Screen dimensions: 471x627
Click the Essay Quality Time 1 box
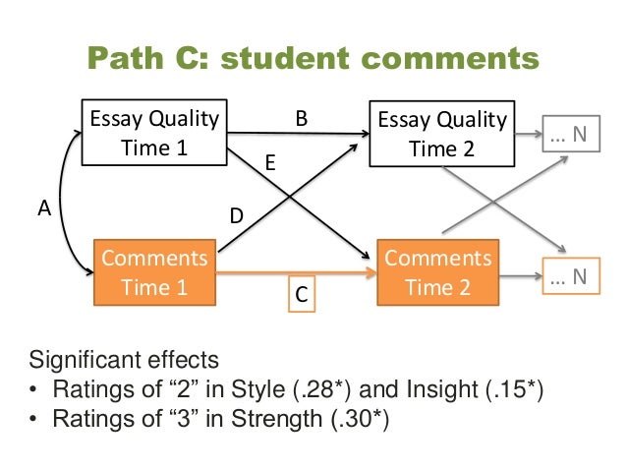click(153, 135)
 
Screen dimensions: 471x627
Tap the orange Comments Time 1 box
click(153, 272)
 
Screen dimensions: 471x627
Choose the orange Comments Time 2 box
click(439, 272)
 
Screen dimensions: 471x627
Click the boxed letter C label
click(302, 294)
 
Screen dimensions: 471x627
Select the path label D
click(237, 212)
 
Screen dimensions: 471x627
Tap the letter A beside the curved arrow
click(43, 207)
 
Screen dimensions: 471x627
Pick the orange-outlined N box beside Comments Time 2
click(568, 277)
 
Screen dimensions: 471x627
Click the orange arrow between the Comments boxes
click(295, 271)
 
